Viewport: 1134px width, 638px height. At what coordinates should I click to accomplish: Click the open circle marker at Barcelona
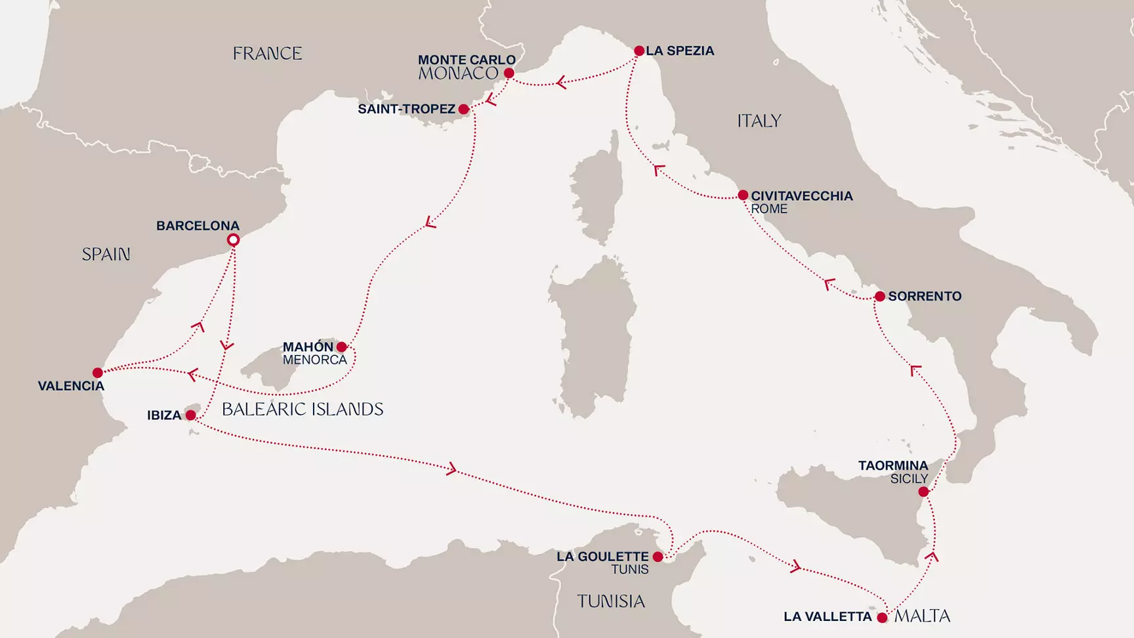233,240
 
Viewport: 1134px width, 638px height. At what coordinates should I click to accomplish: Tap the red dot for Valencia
98,373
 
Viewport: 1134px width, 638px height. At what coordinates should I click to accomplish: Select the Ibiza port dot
190,415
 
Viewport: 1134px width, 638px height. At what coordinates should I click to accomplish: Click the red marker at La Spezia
639,51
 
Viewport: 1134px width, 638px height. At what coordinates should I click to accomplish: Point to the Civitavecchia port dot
743,195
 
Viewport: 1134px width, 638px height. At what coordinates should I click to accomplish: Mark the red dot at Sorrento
880,297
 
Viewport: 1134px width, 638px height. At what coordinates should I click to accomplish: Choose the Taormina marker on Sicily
923,492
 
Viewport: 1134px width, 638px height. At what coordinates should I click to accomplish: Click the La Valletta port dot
882,618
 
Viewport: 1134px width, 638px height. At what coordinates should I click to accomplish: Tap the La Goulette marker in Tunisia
658,557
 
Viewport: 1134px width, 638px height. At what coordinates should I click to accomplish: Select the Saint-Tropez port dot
464,109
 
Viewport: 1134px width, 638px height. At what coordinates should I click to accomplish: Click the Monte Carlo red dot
509,74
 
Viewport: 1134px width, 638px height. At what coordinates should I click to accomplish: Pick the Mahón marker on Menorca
341,347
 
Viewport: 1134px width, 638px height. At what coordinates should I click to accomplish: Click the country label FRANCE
267,53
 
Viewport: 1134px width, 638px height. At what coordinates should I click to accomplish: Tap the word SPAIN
106,254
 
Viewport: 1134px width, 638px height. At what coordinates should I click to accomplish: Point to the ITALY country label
759,121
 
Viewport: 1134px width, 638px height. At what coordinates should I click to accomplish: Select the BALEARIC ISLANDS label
303,409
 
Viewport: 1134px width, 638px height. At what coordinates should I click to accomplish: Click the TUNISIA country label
610,601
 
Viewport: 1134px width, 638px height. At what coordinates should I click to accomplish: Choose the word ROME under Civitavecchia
768,209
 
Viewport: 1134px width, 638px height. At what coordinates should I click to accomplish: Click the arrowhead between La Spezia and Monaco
561,83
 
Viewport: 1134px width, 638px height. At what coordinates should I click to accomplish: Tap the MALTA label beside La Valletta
922,616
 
